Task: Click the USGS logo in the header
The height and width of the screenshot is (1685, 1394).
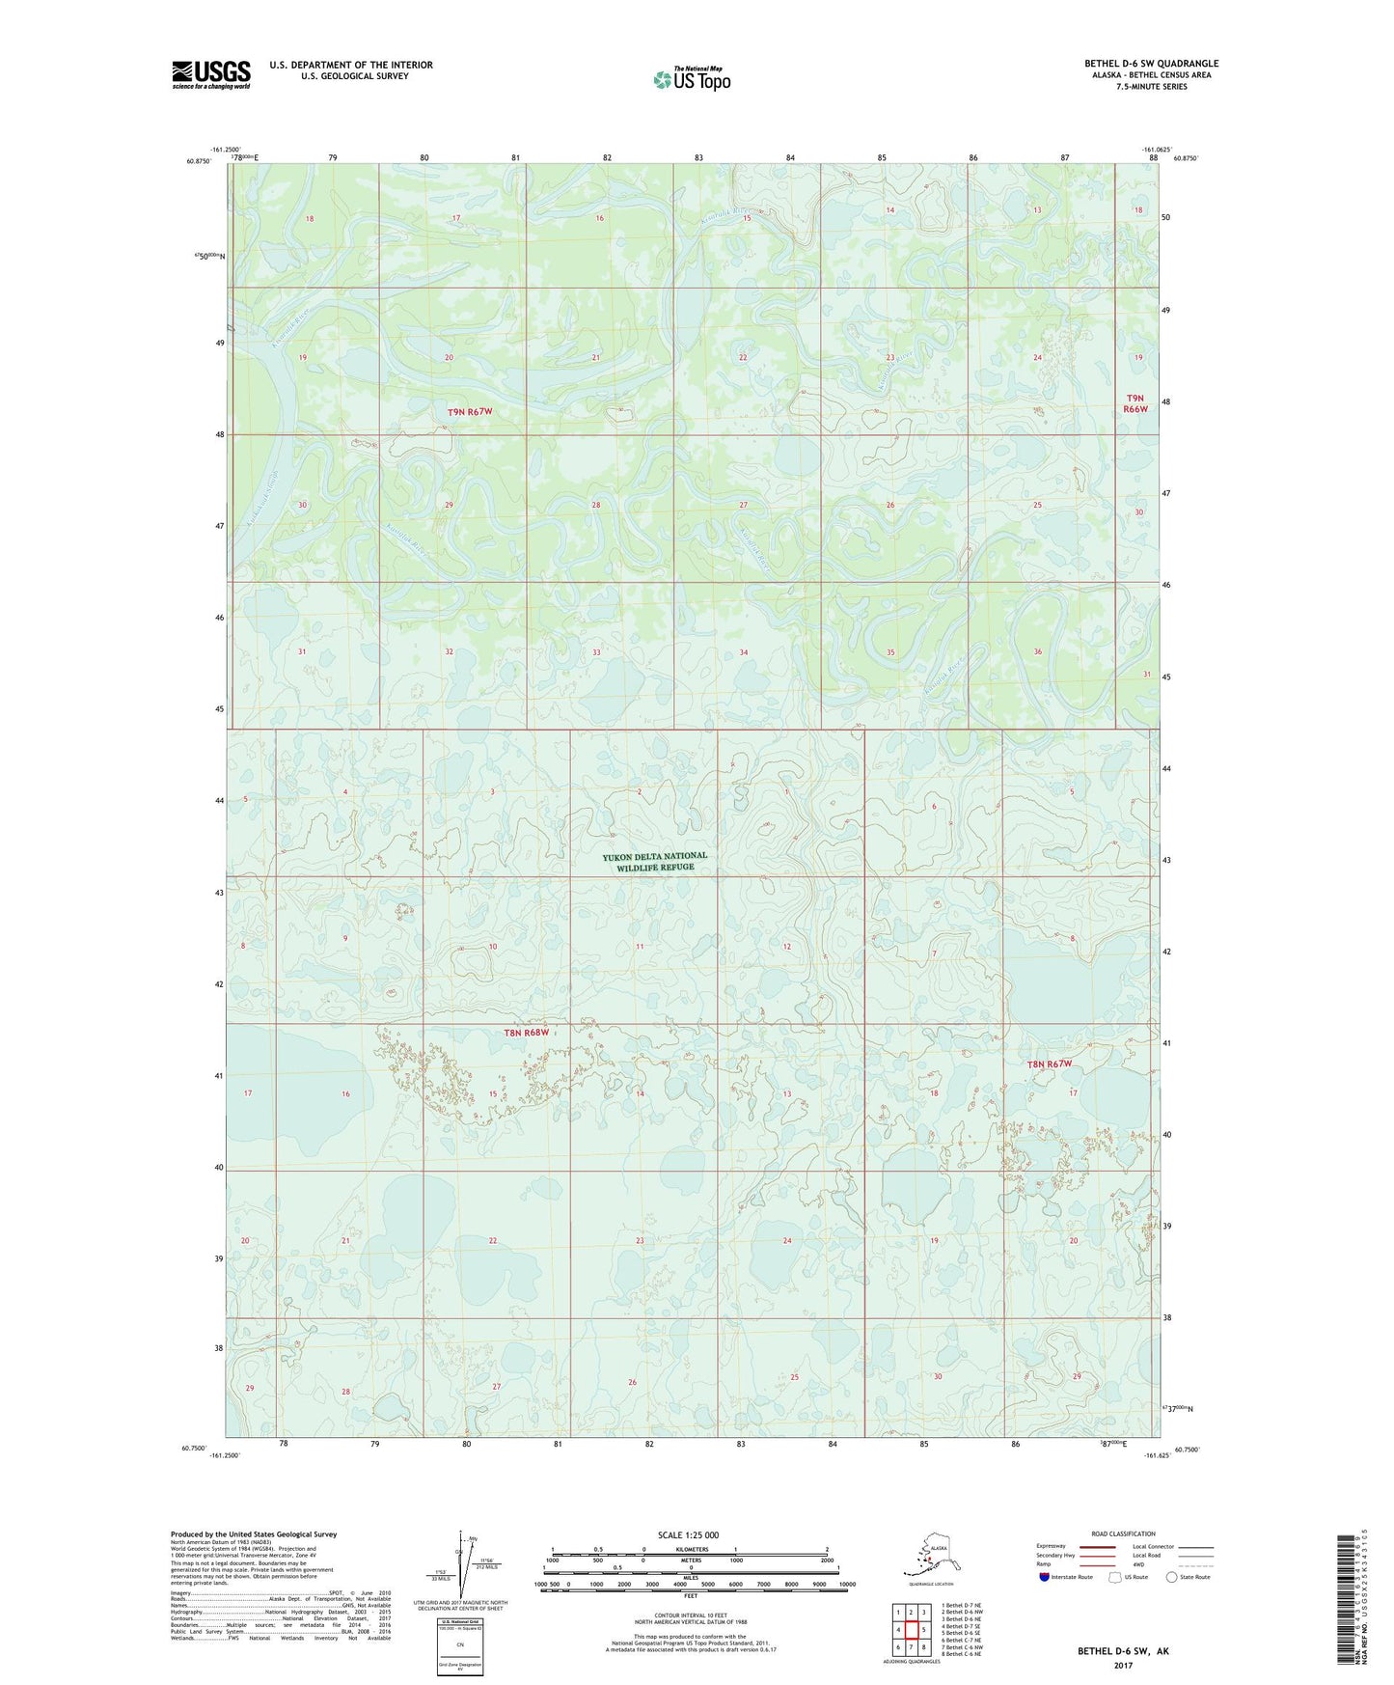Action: pos(211,74)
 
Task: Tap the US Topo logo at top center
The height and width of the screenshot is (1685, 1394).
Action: pos(692,78)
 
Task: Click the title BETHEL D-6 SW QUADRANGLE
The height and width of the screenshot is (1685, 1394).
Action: pos(1151,64)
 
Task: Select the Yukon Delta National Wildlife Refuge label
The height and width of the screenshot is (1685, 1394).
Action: pos(655,861)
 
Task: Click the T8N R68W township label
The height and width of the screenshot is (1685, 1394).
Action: pos(527,1033)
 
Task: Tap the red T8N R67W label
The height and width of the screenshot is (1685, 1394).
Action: pos(1049,1064)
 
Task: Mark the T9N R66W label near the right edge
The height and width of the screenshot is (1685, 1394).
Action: pos(1135,403)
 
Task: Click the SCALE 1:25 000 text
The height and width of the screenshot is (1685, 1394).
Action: pos(689,1534)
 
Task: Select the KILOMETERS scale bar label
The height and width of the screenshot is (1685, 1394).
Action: pos(689,1550)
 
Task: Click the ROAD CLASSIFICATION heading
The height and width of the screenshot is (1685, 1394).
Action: pos(1123,1533)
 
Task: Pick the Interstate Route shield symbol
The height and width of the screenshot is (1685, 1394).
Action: pos(1045,1577)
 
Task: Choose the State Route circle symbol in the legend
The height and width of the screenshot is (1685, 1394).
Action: pos(1171,1577)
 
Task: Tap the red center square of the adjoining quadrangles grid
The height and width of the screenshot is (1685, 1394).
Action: pos(910,1630)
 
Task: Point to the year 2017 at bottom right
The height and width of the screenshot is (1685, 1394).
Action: pos(1123,1666)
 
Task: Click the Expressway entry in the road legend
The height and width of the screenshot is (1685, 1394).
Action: pos(1052,1546)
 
